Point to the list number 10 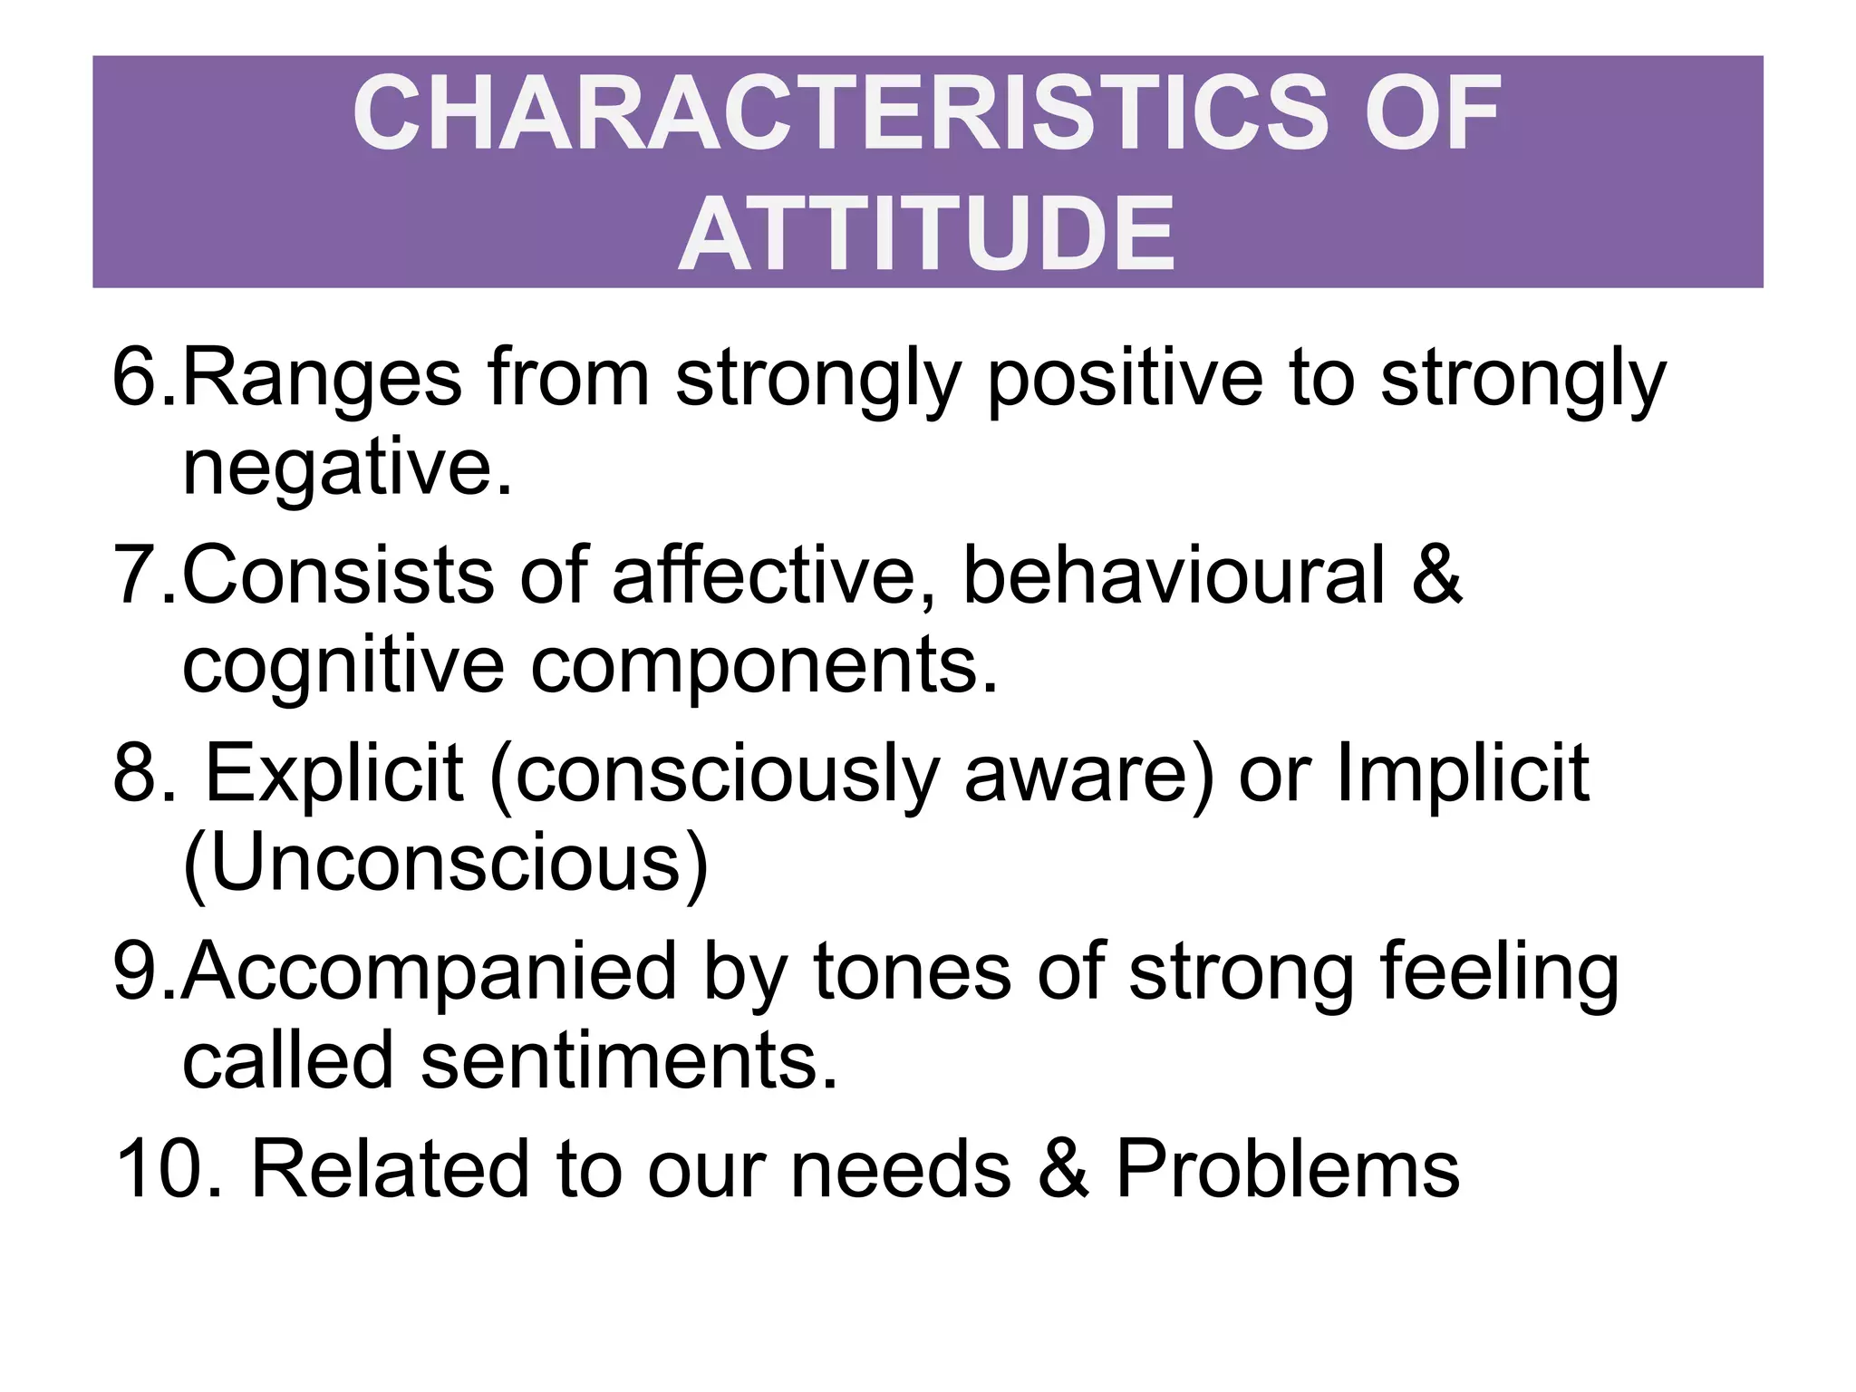168,1169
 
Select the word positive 1124,379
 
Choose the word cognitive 343,666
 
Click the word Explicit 335,773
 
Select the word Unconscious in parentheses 445,863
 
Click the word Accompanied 430,971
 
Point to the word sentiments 629,1061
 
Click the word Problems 1287,1169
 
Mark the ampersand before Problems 1063,1169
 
